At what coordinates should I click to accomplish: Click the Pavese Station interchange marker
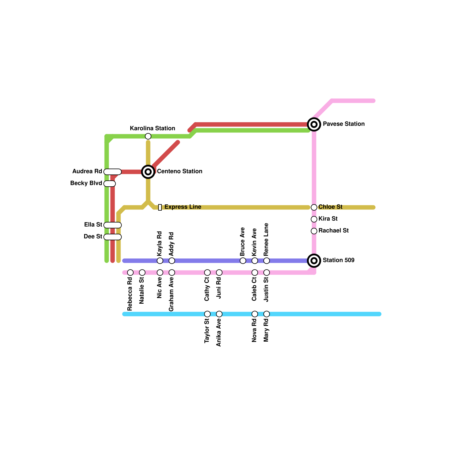tap(314, 124)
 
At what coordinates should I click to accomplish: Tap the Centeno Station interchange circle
tap(148, 172)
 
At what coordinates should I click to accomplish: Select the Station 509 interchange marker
tap(314, 261)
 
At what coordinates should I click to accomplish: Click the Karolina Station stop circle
tap(148, 136)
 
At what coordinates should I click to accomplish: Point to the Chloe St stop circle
tap(314, 207)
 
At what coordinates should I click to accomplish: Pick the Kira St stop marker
tap(314, 219)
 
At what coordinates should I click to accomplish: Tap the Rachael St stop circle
tap(314, 231)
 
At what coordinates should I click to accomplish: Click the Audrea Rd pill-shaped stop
tap(113, 172)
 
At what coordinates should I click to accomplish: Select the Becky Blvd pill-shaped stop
tap(110, 184)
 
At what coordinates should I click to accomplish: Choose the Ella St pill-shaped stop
tap(113, 225)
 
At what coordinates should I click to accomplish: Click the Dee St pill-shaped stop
tap(113, 237)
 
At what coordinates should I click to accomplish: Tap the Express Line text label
tap(183, 207)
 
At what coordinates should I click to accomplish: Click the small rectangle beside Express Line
tap(160, 207)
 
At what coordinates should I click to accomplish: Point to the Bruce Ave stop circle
tap(243, 261)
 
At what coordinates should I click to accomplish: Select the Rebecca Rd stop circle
tap(130, 273)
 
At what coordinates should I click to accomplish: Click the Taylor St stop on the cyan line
tap(207, 314)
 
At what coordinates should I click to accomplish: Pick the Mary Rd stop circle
tap(267, 314)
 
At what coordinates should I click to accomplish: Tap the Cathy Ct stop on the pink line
tap(207, 273)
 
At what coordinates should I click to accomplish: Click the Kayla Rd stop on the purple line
tap(160, 261)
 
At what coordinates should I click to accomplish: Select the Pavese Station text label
tap(344, 124)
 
